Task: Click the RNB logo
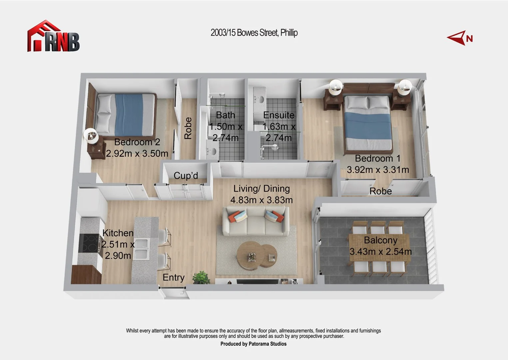tap(53, 37)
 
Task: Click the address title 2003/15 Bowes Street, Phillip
tap(254, 33)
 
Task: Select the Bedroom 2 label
tap(137, 142)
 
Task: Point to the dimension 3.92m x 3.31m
tap(378, 170)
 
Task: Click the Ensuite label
tap(278, 115)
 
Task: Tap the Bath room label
tap(226, 115)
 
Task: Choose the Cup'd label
tap(186, 176)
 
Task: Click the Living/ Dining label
tap(261, 189)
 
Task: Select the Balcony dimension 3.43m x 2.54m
tap(380, 251)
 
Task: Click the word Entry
tap(173, 277)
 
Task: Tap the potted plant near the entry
tap(201, 277)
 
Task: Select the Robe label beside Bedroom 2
tap(188, 128)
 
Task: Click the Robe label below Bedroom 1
tap(380, 191)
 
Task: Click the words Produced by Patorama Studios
tap(253, 344)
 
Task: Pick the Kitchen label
tap(118, 233)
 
